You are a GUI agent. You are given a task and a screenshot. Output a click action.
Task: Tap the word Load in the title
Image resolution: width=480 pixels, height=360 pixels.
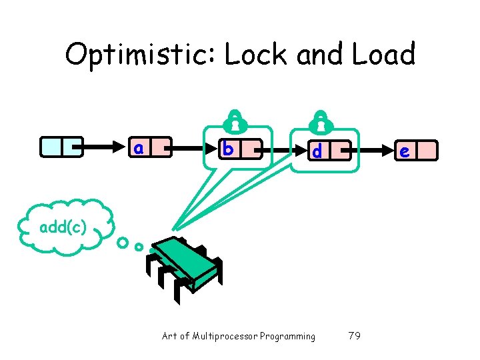click(x=383, y=54)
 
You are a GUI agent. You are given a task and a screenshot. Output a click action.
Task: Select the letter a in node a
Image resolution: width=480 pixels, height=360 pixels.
click(x=139, y=147)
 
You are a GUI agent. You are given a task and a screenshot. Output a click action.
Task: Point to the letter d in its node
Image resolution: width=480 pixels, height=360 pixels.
click(x=317, y=151)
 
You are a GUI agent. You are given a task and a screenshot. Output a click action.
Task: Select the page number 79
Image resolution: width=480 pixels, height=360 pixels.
click(x=355, y=336)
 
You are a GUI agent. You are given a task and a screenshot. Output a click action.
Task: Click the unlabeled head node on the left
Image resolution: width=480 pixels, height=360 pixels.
click(x=61, y=147)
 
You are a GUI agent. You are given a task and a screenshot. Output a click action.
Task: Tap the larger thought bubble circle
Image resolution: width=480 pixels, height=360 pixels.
click(x=122, y=242)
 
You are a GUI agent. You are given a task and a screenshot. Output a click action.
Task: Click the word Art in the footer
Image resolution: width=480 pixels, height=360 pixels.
click(x=169, y=336)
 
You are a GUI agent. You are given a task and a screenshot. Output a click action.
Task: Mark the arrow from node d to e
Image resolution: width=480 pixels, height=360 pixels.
click(x=370, y=151)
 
